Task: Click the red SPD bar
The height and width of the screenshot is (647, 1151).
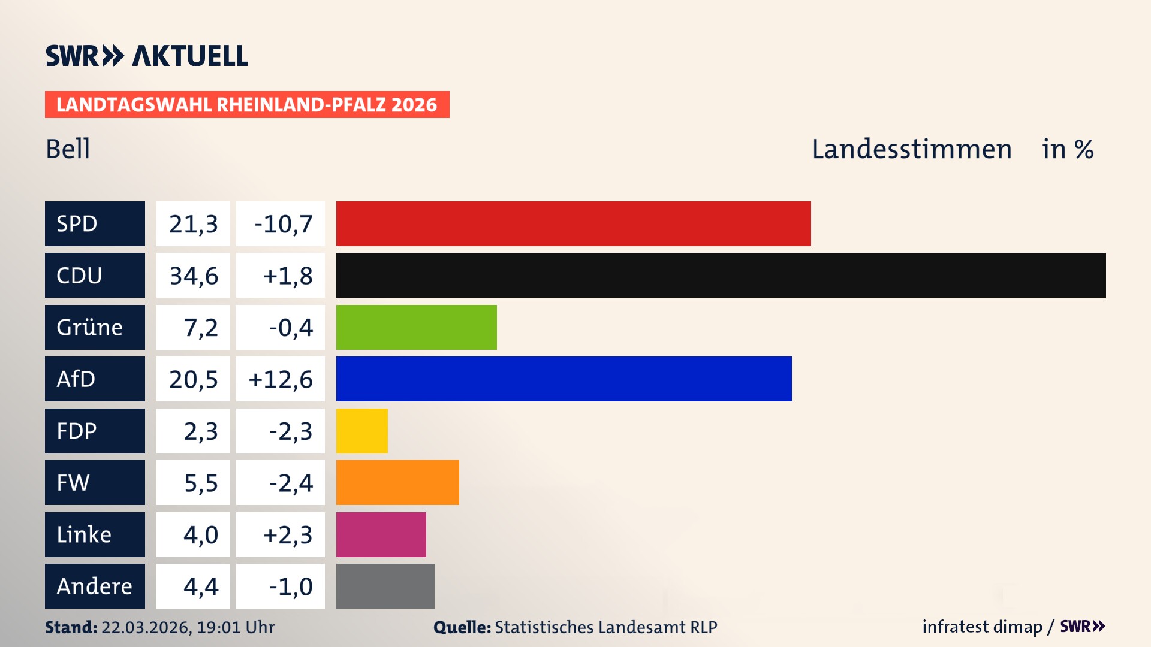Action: pos(573,223)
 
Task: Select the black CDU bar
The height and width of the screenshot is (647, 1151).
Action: pos(721,275)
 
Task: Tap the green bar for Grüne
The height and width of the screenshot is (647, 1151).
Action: pos(416,327)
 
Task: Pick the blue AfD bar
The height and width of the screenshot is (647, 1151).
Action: pos(564,379)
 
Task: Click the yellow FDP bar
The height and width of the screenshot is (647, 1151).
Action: pos(361,431)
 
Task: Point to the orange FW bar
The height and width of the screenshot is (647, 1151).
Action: pos(397,482)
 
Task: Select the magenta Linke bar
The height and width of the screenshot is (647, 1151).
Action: pos(381,534)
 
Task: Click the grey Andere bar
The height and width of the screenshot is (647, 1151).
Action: pos(385,586)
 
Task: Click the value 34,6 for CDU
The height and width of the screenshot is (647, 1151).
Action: pos(193,276)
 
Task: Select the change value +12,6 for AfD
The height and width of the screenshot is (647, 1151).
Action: pos(281,379)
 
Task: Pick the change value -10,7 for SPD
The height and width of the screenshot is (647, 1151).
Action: pos(283,224)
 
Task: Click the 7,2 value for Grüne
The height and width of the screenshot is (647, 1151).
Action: pos(200,328)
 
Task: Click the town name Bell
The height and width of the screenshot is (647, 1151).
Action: pos(68,149)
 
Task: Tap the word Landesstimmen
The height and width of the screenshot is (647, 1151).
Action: pos(911,149)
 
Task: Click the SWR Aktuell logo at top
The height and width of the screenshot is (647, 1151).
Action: pos(146,56)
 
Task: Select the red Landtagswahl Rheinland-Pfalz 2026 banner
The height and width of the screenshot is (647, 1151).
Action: pos(246,105)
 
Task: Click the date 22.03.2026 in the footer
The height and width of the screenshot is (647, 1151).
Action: pos(146,627)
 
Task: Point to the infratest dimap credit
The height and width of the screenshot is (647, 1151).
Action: pos(981,627)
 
